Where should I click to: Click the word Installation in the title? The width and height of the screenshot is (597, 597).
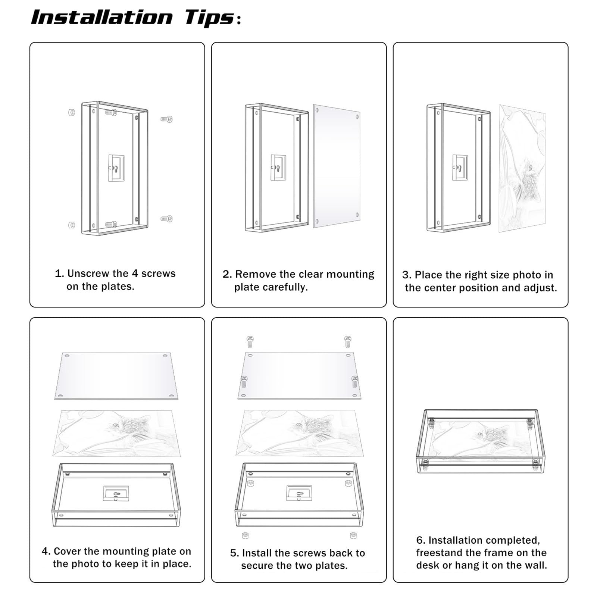101,18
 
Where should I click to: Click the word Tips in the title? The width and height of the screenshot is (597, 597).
210,18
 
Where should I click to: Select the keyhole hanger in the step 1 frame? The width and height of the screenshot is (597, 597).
116,168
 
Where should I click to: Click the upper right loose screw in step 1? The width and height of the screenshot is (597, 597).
167,119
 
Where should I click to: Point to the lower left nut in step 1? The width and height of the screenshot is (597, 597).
72,225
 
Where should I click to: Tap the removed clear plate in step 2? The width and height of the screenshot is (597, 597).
337,166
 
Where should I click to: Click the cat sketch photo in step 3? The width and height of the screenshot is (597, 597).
522,169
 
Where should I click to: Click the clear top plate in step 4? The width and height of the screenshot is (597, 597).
116,376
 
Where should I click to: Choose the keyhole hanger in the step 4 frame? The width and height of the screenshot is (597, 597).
116,493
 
